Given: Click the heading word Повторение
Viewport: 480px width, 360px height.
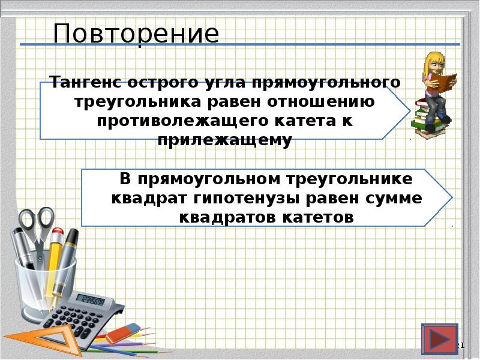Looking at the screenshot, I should tap(136, 34).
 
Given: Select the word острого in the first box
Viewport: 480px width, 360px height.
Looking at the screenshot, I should tap(166, 82).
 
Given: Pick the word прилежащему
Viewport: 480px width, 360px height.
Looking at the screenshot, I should tap(225, 140).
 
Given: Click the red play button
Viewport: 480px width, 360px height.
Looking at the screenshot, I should tap(439, 340).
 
